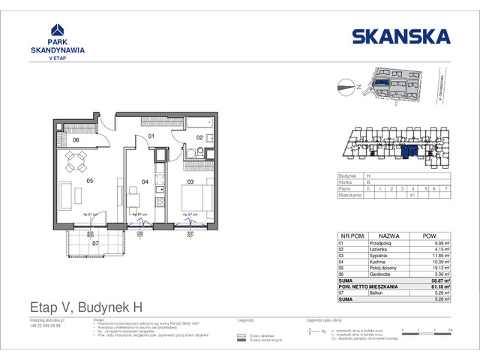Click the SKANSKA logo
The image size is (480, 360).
(x=401, y=36)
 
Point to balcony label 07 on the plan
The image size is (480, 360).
(x=94, y=243)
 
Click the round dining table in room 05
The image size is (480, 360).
(x=75, y=160)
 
